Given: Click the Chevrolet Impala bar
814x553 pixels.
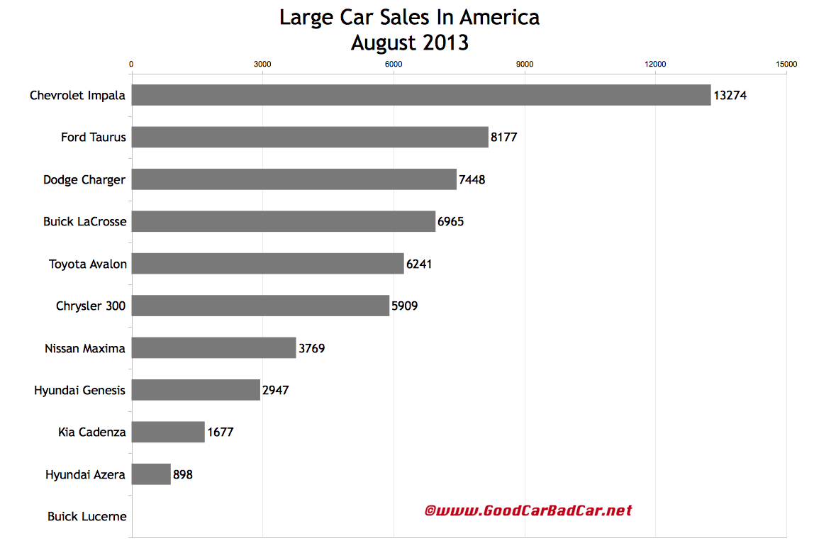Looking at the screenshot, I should tap(420, 95).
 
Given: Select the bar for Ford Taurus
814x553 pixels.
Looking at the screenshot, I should tap(310, 137).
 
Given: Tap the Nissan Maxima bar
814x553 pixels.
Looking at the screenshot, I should tap(213, 348).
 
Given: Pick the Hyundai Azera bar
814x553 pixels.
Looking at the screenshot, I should tap(151, 474).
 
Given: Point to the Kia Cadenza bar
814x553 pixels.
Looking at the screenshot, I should tap(168, 432).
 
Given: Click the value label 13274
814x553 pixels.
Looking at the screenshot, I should tap(730, 95).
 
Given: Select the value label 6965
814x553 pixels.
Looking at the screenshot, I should tap(451, 222).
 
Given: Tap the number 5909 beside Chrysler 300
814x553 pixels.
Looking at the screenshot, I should tap(405, 306).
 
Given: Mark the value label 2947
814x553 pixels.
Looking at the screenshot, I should tap(276, 390).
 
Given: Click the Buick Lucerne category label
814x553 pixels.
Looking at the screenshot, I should tap(87, 517).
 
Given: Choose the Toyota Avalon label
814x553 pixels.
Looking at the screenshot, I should tap(88, 264).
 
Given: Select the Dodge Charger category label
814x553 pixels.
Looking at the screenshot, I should tap(84, 179).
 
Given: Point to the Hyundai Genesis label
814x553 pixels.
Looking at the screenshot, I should tap(79, 390).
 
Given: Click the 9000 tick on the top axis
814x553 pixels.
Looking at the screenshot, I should tap(525, 65).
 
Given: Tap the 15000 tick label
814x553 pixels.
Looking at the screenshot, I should tap(786, 65).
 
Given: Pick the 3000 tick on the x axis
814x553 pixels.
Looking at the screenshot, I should tap(262, 65).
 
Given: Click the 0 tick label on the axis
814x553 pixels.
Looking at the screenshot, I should tap(131, 65).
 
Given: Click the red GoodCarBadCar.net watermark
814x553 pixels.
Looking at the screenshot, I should tap(528, 510).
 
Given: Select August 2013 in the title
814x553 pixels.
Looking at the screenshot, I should tap(410, 43).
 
